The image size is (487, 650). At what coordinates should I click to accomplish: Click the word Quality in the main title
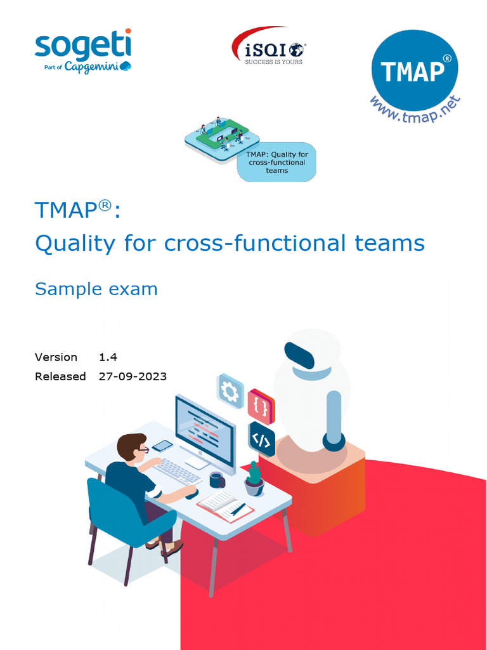[75, 243]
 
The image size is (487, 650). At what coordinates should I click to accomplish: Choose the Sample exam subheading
[96, 289]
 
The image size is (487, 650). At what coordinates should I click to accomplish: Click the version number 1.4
[108, 357]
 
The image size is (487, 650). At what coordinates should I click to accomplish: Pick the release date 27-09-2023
[133, 376]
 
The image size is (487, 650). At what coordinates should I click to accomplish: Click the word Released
[60, 376]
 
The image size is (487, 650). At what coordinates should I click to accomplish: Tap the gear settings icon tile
[230, 392]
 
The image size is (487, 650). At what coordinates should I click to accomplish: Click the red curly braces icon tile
[260, 407]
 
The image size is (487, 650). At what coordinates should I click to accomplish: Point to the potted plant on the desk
[254, 479]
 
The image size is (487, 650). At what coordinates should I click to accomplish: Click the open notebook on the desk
[225, 505]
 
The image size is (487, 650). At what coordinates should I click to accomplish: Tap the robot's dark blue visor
[299, 355]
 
